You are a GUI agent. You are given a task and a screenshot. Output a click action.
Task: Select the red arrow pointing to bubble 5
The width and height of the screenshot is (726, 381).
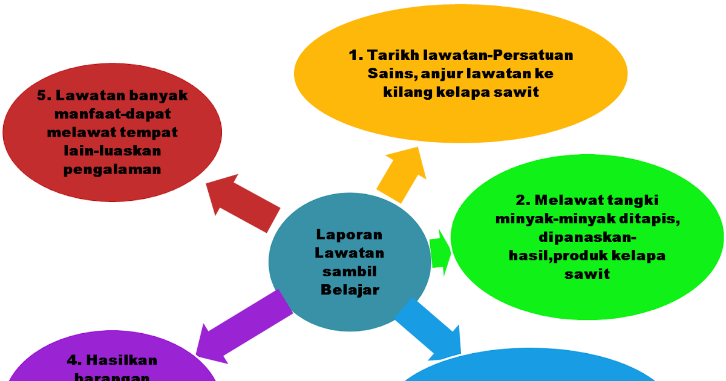click(242, 203)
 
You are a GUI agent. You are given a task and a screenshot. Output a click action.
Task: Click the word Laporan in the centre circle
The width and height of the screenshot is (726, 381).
click(349, 234)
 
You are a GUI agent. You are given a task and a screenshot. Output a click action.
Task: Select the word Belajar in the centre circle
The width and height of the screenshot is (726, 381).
click(350, 290)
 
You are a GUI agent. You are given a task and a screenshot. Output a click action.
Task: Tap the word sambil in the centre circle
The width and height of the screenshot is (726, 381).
click(349, 271)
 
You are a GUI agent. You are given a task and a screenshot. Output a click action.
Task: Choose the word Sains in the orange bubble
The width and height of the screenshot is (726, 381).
click(385, 74)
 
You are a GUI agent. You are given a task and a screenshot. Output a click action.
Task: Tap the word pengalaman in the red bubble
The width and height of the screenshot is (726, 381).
click(113, 169)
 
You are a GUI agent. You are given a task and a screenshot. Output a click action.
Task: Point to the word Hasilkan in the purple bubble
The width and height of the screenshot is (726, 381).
click(120, 360)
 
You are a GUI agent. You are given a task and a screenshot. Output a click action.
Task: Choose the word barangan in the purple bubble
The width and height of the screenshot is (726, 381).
click(112, 376)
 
